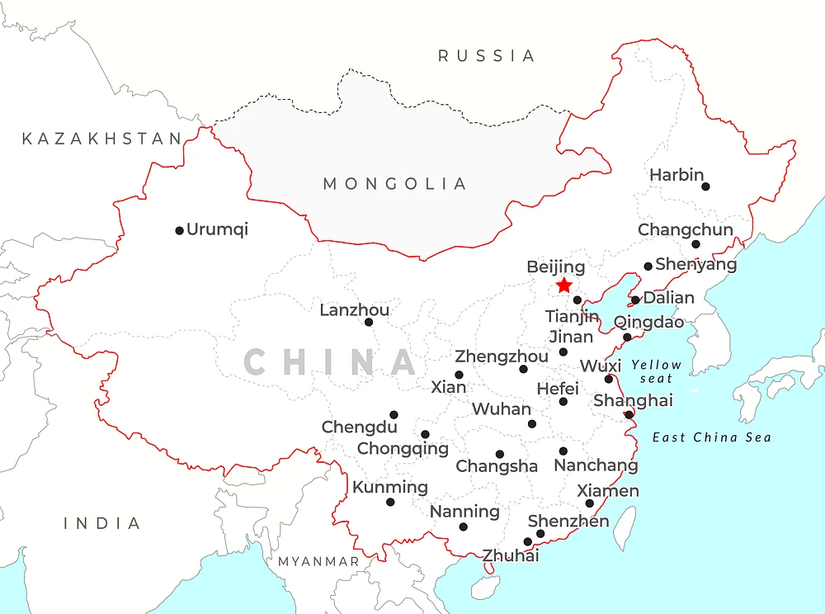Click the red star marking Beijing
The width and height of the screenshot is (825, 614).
pyautogui.click(x=563, y=286)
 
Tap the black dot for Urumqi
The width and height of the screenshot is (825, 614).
pyautogui.click(x=179, y=230)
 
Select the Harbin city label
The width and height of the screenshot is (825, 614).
pyautogui.click(x=676, y=175)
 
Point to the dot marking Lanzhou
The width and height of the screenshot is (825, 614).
pyautogui.click(x=369, y=322)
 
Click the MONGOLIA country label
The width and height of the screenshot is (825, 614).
pyautogui.click(x=394, y=183)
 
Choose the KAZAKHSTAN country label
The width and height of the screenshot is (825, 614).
pyautogui.click(x=101, y=139)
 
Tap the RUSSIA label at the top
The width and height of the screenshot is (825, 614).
pyautogui.click(x=486, y=56)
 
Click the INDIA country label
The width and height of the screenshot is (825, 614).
pyautogui.click(x=102, y=523)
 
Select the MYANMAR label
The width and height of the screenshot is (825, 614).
pyautogui.click(x=318, y=561)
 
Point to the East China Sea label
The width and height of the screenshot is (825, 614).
pyautogui.click(x=711, y=437)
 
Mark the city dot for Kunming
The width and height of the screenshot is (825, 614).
pyautogui.click(x=390, y=502)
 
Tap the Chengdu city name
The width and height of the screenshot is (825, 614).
pyautogui.click(x=359, y=427)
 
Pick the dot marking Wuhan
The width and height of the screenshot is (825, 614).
pyautogui.click(x=532, y=424)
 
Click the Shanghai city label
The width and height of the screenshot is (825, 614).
pyautogui.click(x=633, y=400)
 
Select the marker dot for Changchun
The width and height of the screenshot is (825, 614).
pyautogui.click(x=695, y=244)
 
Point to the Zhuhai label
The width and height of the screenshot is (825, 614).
pyautogui.click(x=511, y=555)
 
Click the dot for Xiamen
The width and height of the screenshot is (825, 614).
pyautogui.click(x=590, y=503)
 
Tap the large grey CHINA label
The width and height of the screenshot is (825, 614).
pyautogui.click(x=330, y=362)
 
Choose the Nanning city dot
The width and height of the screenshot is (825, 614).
pyautogui.click(x=463, y=527)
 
